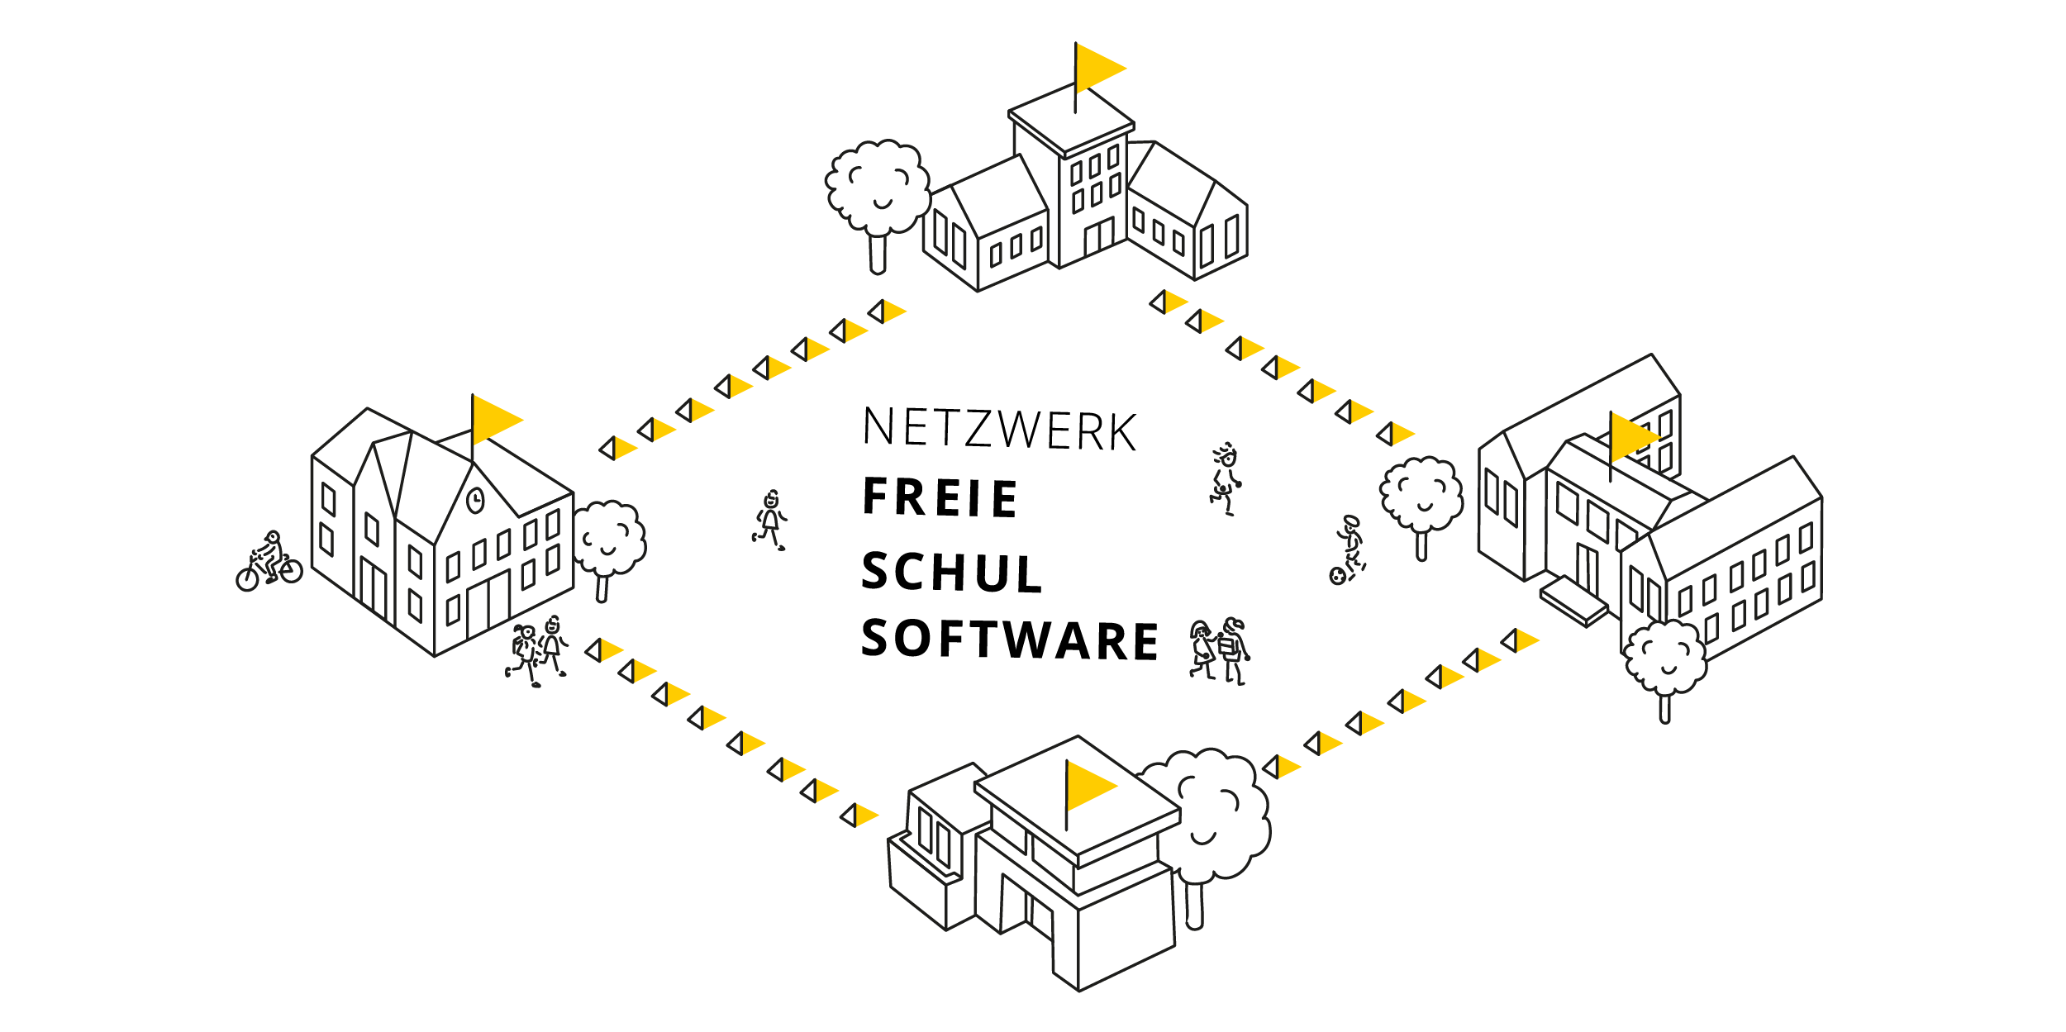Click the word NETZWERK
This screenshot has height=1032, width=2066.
tap(1000, 429)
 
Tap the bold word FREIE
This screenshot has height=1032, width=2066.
tap(940, 497)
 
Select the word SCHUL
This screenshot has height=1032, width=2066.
tap(951, 573)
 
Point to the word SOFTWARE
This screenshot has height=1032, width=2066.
tap(1010, 640)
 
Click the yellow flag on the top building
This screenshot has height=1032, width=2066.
tap(1097, 67)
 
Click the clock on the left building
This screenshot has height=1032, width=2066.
tap(475, 500)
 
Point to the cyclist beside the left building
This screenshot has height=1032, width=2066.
tap(269, 561)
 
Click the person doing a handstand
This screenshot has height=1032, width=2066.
tap(1348, 550)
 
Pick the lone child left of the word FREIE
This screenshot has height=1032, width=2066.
tap(770, 520)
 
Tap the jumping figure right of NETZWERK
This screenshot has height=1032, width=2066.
tap(1225, 478)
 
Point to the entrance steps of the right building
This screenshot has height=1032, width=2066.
tap(1573, 602)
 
